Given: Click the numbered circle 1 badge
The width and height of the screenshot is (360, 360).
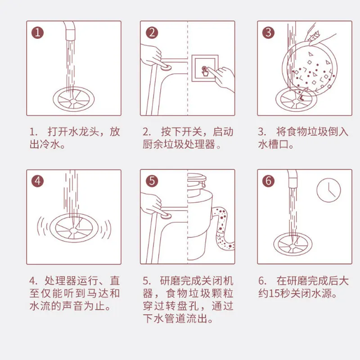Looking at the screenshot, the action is click(37, 32).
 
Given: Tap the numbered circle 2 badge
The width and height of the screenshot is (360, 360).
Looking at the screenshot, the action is click(152, 32).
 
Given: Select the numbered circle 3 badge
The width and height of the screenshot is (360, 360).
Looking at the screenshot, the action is click(268, 32).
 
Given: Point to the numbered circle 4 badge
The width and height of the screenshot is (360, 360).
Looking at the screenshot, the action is click(37, 181).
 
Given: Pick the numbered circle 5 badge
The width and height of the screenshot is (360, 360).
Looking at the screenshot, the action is click(152, 181).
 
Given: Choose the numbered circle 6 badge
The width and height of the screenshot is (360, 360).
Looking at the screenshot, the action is click(268, 181).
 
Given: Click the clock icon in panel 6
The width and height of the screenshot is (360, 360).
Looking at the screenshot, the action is click(328, 190).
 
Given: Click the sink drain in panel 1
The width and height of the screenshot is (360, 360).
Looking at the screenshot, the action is click(73, 99).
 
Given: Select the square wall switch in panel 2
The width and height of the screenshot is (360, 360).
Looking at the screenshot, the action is click(205, 68).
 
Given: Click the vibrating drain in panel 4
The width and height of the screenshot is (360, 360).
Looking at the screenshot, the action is click(74, 228).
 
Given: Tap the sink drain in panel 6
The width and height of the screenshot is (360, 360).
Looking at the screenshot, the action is click(293, 244).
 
